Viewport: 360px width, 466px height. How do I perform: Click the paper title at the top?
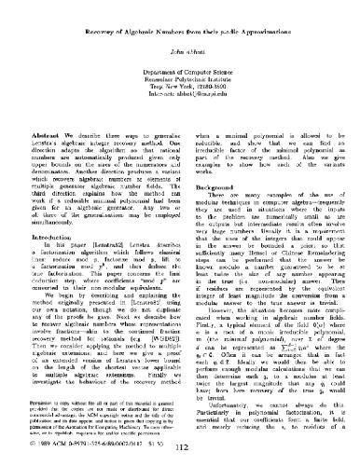tap(180, 16)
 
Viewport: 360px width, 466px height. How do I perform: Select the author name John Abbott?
tap(180, 36)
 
